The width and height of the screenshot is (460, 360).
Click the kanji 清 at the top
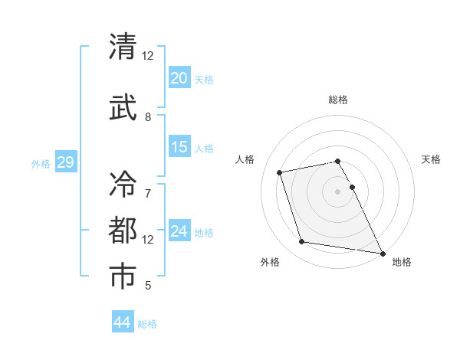pos(123,47)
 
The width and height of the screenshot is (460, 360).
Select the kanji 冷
pos(123,184)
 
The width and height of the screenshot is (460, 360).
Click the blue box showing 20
pos(179,78)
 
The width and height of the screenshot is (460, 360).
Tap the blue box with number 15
pos(179,147)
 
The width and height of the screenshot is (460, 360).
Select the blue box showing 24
pos(179,231)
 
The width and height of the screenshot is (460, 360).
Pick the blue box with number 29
pos(65,162)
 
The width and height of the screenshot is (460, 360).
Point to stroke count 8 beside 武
pos(148,117)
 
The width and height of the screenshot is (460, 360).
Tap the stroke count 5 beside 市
pos(148,286)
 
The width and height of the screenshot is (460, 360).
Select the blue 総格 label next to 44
pos(147,324)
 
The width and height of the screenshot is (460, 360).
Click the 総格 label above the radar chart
pos(338,100)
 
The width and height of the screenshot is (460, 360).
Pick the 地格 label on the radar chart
pos(402,262)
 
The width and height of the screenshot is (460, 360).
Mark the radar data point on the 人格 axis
pos(280,172)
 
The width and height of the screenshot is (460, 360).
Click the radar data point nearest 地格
pos(382,253)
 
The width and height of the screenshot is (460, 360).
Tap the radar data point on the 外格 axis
pos(302,242)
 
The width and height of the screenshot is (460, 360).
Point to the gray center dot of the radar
pos(338,191)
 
